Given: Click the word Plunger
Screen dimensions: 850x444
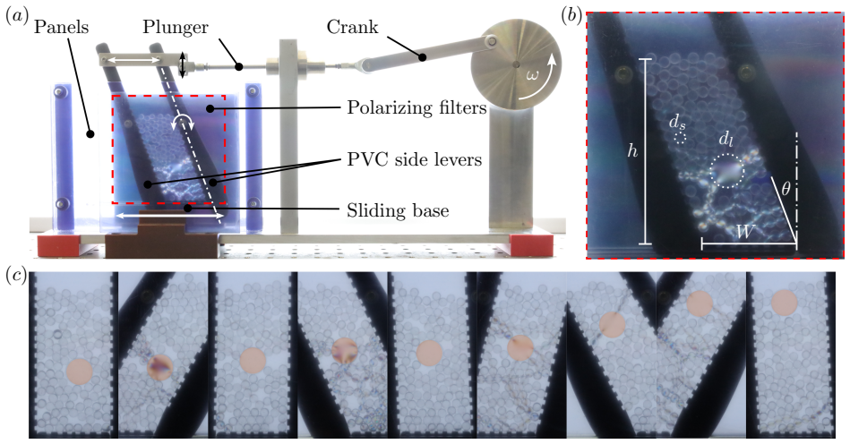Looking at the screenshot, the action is (x=175, y=27).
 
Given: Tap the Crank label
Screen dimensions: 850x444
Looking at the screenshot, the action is (x=352, y=27).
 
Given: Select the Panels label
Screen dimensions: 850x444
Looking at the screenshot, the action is (x=61, y=27).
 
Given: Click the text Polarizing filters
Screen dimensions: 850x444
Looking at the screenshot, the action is (x=416, y=108).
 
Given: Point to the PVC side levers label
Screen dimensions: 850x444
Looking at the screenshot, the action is (x=415, y=159).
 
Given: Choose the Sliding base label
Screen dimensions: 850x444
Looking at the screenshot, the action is (x=398, y=209).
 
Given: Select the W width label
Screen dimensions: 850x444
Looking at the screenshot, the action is (x=745, y=232).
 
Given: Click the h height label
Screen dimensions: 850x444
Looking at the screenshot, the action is (x=632, y=151).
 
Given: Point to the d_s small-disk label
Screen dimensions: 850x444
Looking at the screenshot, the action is (x=676, y=124).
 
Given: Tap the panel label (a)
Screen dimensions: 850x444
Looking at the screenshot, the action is (x=14, y=16).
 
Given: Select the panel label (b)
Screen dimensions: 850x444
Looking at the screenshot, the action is (x=572, y=16).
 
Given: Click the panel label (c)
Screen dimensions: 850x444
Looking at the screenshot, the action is (x=14, y=275).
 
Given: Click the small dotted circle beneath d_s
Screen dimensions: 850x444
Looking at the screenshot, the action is (x=681, y=138).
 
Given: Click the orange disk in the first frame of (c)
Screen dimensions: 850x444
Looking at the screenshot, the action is (x=79, y=371).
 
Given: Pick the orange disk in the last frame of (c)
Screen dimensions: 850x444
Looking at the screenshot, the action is (x=785, y=303).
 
